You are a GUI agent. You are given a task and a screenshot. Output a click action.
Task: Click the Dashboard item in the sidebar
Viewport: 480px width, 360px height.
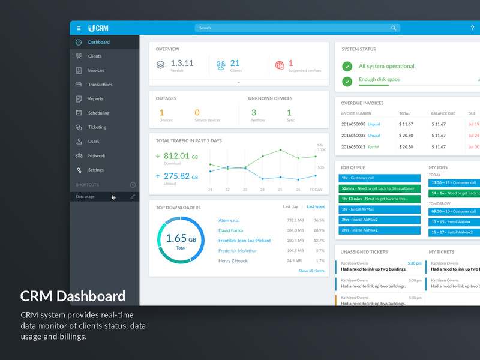point(98,43)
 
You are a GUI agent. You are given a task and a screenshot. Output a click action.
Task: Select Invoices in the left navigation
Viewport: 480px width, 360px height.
point(96,71)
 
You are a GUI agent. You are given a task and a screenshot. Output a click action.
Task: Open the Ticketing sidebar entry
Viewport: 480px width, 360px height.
point(97,127)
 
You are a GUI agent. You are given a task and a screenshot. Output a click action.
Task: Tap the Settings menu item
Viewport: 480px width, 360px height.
point(96,170)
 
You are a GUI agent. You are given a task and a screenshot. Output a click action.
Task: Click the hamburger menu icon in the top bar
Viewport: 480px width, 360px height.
point(79,28)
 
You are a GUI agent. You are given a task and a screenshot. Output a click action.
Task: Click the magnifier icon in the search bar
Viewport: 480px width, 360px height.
point(394,28)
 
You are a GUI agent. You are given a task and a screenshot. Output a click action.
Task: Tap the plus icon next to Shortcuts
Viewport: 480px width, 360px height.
point(133,185)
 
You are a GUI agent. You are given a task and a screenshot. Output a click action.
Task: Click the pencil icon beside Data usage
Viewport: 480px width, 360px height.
point(133,197)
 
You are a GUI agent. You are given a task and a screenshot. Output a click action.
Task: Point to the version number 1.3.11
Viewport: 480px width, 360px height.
point(182,63)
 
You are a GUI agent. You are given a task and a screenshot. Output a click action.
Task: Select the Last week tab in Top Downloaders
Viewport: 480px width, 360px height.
point(316,207)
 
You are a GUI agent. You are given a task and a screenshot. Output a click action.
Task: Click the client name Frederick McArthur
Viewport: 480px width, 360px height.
point(238,251)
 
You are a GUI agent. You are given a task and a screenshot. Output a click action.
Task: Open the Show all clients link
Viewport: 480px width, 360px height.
point(311,271)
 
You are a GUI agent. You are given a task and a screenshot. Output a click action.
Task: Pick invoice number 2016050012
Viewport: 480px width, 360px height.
point(353,146)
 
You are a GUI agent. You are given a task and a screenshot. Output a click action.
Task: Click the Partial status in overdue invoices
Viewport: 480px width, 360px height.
point(373,146)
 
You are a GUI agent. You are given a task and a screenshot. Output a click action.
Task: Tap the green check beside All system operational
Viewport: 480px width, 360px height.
point(347,67)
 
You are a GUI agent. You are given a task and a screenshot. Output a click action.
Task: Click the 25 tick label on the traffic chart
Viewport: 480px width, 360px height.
point(280,190)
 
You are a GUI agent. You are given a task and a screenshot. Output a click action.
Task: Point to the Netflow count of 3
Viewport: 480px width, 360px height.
point(254,113)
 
